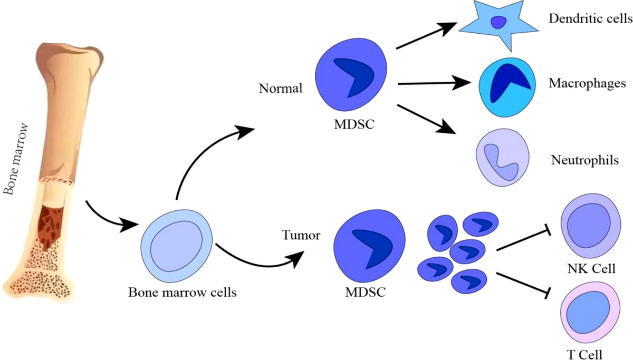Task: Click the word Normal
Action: click(281, 88)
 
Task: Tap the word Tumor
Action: click(301, 235)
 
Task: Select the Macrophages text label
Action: click(587, 84)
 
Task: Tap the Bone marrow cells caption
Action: click(182, 292)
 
